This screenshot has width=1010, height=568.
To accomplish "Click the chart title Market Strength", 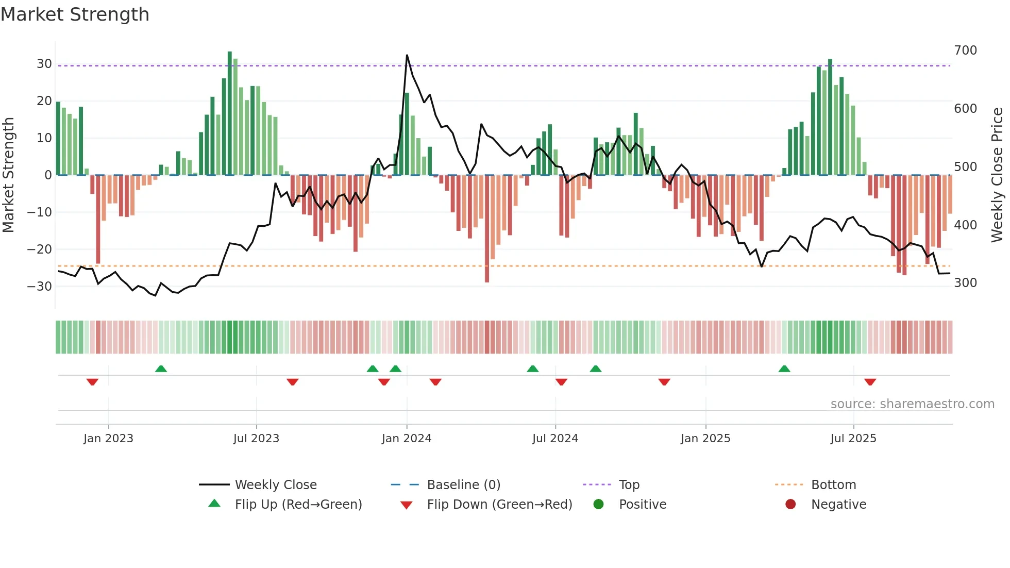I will point(75,14).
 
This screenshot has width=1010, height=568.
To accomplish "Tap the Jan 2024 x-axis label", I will point(406,439).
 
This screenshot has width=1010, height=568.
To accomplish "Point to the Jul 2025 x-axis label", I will point(853,439).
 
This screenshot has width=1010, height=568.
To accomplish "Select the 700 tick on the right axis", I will point(965,51).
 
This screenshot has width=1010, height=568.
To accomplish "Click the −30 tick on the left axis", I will point(40,287).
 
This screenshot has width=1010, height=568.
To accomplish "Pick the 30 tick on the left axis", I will point(44,64).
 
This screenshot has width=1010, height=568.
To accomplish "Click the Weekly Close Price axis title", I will point(997,175).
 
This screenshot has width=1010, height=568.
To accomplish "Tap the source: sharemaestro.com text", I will point(912,404).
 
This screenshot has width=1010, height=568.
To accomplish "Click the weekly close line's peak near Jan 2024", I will point(407,55).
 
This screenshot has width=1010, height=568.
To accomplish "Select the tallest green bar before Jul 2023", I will point(230,113).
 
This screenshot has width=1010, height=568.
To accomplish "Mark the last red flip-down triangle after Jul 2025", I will point(870,382).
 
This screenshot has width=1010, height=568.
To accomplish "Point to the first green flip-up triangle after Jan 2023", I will point(161,369).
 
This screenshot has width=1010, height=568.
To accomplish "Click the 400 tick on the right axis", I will point(965,225).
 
